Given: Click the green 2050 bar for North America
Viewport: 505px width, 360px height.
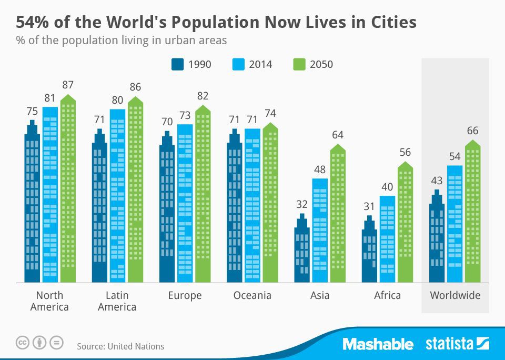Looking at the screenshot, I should tap(68, 189).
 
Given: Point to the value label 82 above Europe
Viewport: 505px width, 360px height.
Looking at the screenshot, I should tap(203, 96).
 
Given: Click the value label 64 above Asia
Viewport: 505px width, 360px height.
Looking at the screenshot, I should tap(337, 135).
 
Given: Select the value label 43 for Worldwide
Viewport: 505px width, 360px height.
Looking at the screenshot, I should tap(437, 181).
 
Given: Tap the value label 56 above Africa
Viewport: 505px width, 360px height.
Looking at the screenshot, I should tap(405, 152).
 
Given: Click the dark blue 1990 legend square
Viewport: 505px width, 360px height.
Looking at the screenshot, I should tap(178, 64).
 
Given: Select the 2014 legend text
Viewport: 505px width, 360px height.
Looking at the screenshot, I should tap(261, 65).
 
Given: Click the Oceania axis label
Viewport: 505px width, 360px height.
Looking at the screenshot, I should tap(252, 295).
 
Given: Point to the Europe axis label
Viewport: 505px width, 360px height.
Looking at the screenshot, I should tap(185, 295).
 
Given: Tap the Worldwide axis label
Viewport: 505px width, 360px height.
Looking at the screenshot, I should tap(455, 295).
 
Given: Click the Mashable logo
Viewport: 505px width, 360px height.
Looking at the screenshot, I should tap(378, 344).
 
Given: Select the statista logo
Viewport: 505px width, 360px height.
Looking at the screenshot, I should tap(457, 344).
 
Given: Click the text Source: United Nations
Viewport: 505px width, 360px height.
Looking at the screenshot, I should tap(120, 346).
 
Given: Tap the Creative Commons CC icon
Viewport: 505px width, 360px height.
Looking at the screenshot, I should tap(22, 343).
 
